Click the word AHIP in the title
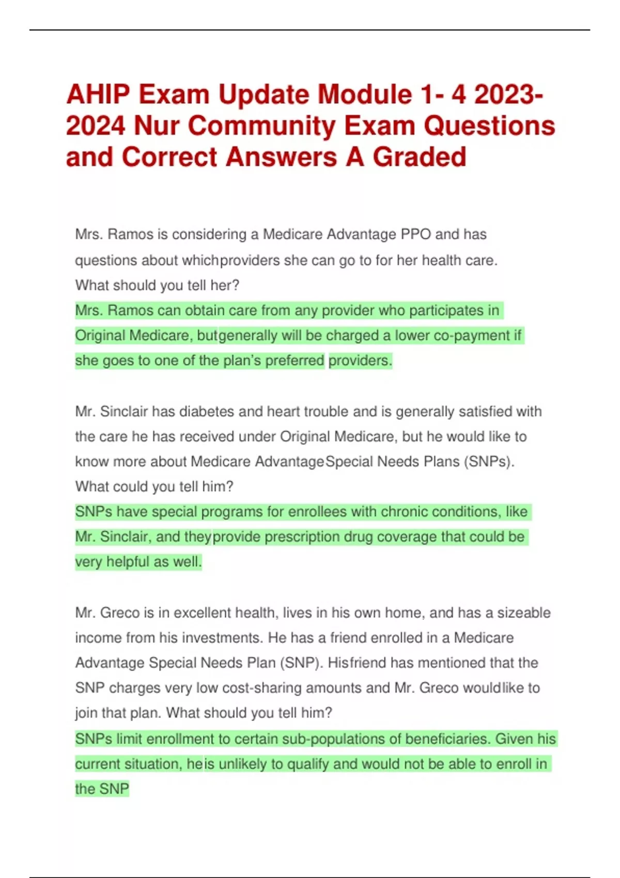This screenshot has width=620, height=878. (97, 95)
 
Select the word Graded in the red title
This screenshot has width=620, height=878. (419, 157)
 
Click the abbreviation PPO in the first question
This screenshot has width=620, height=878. (416, 234)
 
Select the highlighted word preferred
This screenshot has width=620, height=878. (295, 360)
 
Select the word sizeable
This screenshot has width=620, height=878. (524, 613)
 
